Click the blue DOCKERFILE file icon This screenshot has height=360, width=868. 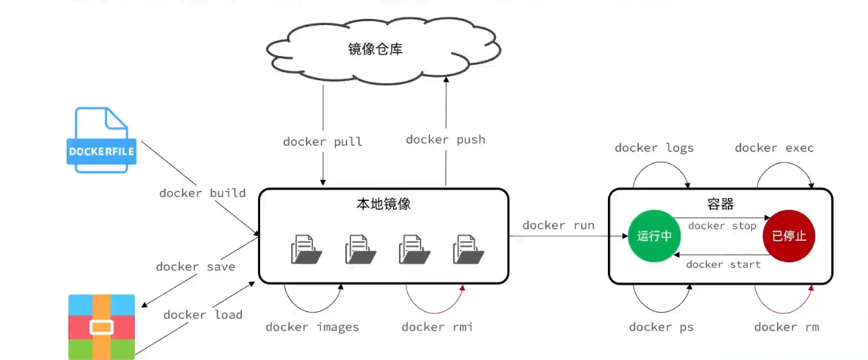pos(102,140)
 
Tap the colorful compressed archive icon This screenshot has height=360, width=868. pos(102,327)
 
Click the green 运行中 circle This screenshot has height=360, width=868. pos(654,237)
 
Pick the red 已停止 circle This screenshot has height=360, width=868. pos(788,237)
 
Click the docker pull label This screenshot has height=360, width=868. pos(322,142)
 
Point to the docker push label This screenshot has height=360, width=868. pos(445,140)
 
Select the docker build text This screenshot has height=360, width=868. pos(202,193)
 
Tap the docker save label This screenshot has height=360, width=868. pos(195,266)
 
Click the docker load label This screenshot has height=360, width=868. pos(203,315)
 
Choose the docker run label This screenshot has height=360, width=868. pos(558,225)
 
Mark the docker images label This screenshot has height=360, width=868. pos(312,327)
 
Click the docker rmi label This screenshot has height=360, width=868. pos(437,327)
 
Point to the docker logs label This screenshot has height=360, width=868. pos(654,148)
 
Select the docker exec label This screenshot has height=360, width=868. pos(774,148)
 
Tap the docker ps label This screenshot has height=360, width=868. pos(661,327)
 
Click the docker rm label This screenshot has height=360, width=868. pos(786,327)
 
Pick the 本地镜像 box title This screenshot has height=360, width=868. pos(383,204)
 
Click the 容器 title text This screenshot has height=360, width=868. pos(720,204)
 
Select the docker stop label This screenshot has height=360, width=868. pos(722,226)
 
